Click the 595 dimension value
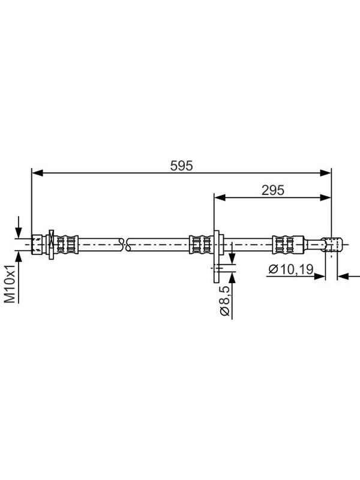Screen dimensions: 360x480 click(182, 166)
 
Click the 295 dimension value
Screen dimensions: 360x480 click(273, 190)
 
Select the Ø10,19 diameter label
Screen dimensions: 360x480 click(291, 269)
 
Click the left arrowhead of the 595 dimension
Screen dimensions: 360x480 click(37, 173)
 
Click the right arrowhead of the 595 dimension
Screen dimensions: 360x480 click(326, 173)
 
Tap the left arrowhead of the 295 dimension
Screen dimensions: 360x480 click(220, 198)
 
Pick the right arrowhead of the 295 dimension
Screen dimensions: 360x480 click(326, 198)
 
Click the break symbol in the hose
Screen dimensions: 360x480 click(125, 245)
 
